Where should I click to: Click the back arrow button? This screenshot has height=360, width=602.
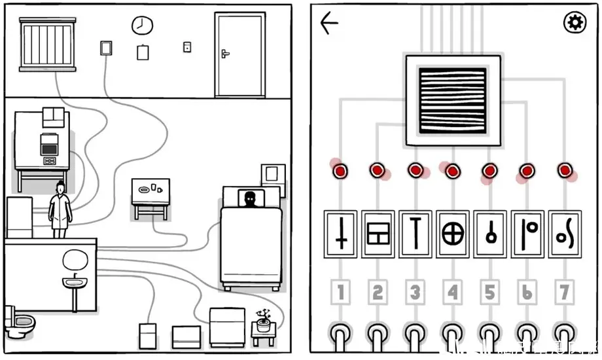(329, 24)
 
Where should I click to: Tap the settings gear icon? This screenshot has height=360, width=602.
(575, 23)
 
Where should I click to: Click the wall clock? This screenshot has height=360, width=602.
(141, 26)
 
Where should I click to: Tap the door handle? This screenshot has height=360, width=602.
(226, 53)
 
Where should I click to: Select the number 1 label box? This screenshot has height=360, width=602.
(340, 293)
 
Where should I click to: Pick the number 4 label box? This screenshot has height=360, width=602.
(452, 293)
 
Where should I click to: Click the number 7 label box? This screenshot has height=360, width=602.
(565, 293)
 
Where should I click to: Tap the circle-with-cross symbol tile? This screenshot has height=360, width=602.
(452, 234)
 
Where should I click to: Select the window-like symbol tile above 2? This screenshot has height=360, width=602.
(378, 234)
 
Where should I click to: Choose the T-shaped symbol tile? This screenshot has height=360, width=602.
(415, 234)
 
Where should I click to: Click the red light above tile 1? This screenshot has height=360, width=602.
(340, 171)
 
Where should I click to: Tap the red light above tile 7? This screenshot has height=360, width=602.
(565, 171)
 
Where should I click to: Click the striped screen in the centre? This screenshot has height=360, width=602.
(453, 100)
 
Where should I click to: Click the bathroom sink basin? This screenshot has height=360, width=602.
(75, 283)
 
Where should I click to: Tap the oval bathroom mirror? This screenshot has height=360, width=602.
(75, 260)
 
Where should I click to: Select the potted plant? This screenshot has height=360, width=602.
(264, 320)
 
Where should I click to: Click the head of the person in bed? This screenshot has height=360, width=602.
(249, 198)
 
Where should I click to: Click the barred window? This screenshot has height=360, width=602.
(48, 43)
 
